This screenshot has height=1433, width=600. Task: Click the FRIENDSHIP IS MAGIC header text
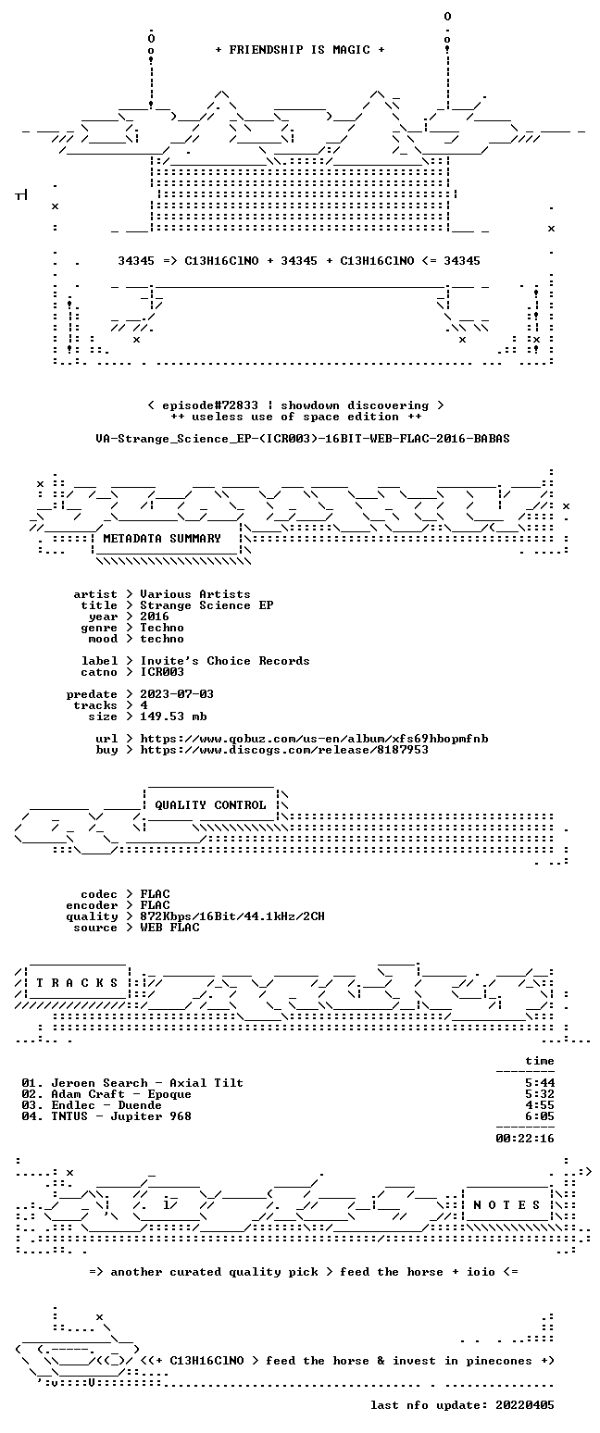point(300,50)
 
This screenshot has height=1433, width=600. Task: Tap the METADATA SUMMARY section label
point(162,539)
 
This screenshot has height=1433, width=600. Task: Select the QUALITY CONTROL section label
point(210,805)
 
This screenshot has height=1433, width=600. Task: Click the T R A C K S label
point(78,982)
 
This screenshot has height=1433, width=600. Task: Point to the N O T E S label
point(506,1204)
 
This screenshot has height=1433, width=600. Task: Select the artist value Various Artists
point(195,594)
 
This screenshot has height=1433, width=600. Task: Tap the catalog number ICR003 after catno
point(162,672)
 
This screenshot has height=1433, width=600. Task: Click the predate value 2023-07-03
point(177,694)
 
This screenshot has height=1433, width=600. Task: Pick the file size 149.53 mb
point(173,716)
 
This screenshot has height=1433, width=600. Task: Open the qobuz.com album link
point(314,739)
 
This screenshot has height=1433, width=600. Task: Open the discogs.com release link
point(284,750)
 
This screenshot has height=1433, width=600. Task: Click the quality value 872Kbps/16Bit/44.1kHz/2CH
point(232,916)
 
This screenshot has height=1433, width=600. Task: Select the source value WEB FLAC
point(169,928)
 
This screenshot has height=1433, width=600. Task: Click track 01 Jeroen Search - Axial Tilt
point(132,1083)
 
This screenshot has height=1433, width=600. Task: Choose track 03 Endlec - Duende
point(92,1105)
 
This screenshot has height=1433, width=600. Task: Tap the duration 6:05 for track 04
point(540,1116)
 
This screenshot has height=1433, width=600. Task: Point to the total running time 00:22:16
point(525,1139)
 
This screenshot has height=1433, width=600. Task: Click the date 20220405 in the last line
point(524,1405)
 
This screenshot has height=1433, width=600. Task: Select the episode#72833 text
point(210,405)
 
